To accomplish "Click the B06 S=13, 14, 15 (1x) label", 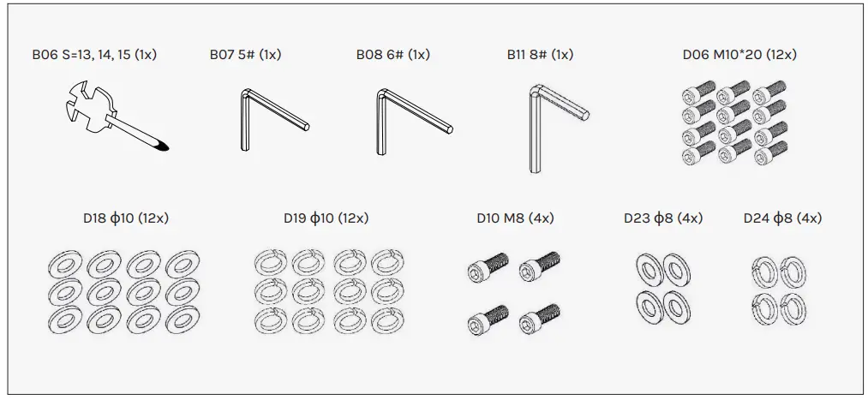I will tap(94, 55).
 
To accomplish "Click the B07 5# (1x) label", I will tap(245, 55).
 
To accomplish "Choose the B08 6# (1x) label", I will tap(392, 55).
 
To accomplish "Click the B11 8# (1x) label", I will tap(540, 55).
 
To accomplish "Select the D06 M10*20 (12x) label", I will tap(739, 55).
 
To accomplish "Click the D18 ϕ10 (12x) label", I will tap(126, 218).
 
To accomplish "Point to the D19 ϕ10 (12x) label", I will tap(326, 218).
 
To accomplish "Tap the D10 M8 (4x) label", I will tap(514, 218).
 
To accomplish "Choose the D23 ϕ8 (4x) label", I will tap(663, 218).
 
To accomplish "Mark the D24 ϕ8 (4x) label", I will tap(782, 218).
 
